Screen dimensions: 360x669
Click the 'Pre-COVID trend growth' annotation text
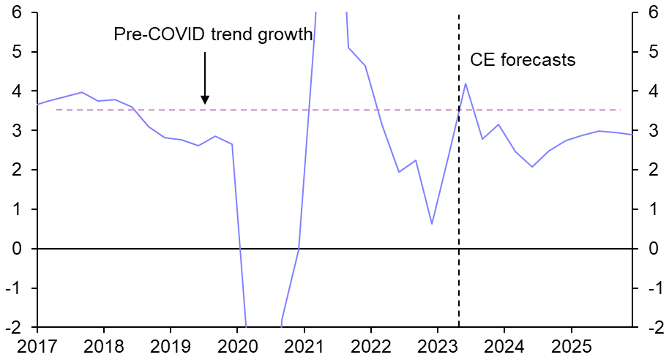(x=213, y=34)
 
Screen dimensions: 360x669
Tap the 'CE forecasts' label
(x=522, y=60)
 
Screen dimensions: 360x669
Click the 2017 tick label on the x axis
(x=37, y=344)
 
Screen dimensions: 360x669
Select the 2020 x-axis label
(x=237, y=344)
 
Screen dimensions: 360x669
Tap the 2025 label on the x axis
(x=571, y=344)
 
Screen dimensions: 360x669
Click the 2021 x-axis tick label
(x=304, y=344)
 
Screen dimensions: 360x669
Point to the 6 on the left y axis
(x=16, y=13)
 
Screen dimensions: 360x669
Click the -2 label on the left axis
(x=13, y=328)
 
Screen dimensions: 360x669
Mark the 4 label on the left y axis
(x=16, y=91)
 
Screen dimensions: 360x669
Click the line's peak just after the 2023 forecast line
(x=466, y=83)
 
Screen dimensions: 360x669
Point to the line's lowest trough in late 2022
(x=432, y=224)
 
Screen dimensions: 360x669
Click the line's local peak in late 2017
(x=81, y=92)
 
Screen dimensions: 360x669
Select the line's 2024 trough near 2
(x=532, y=167)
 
